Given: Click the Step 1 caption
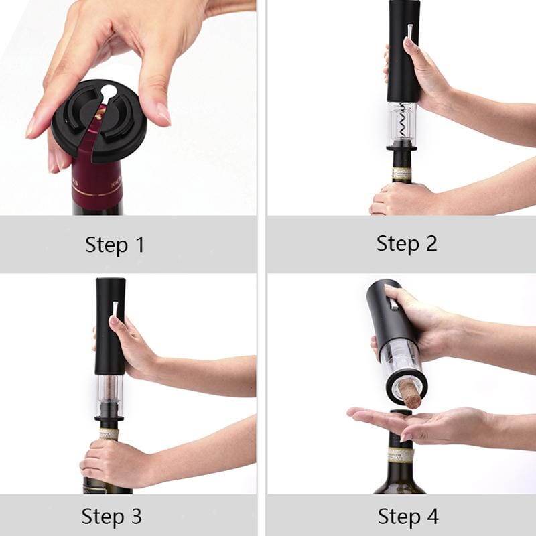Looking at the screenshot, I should [x=115, y=245].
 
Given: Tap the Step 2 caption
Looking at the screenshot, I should [x=407, y=243].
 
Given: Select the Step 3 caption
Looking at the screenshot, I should [x=111, y=517].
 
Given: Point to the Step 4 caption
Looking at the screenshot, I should [x=408, y=517].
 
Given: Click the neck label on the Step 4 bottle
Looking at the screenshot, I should [x=400, y=456].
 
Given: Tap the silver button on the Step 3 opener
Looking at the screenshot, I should [x=115, y=309].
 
